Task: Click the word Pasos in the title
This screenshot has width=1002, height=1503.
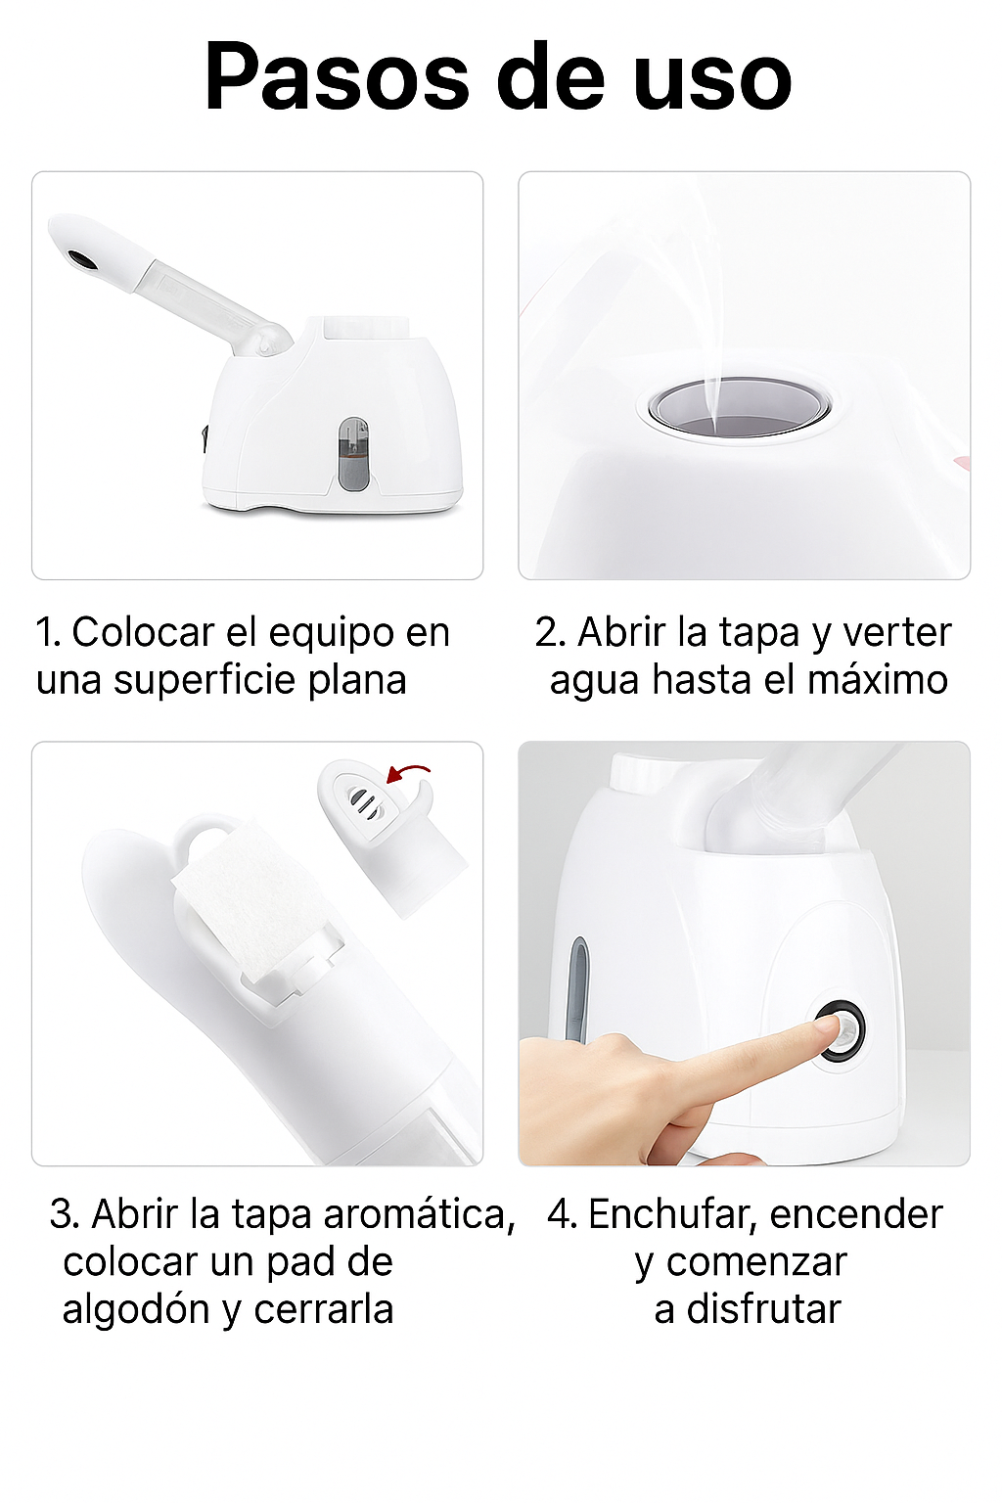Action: click(x=337, y=77)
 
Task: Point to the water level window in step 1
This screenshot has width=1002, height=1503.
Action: click(x=353, y=454)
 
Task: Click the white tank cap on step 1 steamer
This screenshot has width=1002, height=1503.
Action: click(x=366, y=326)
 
